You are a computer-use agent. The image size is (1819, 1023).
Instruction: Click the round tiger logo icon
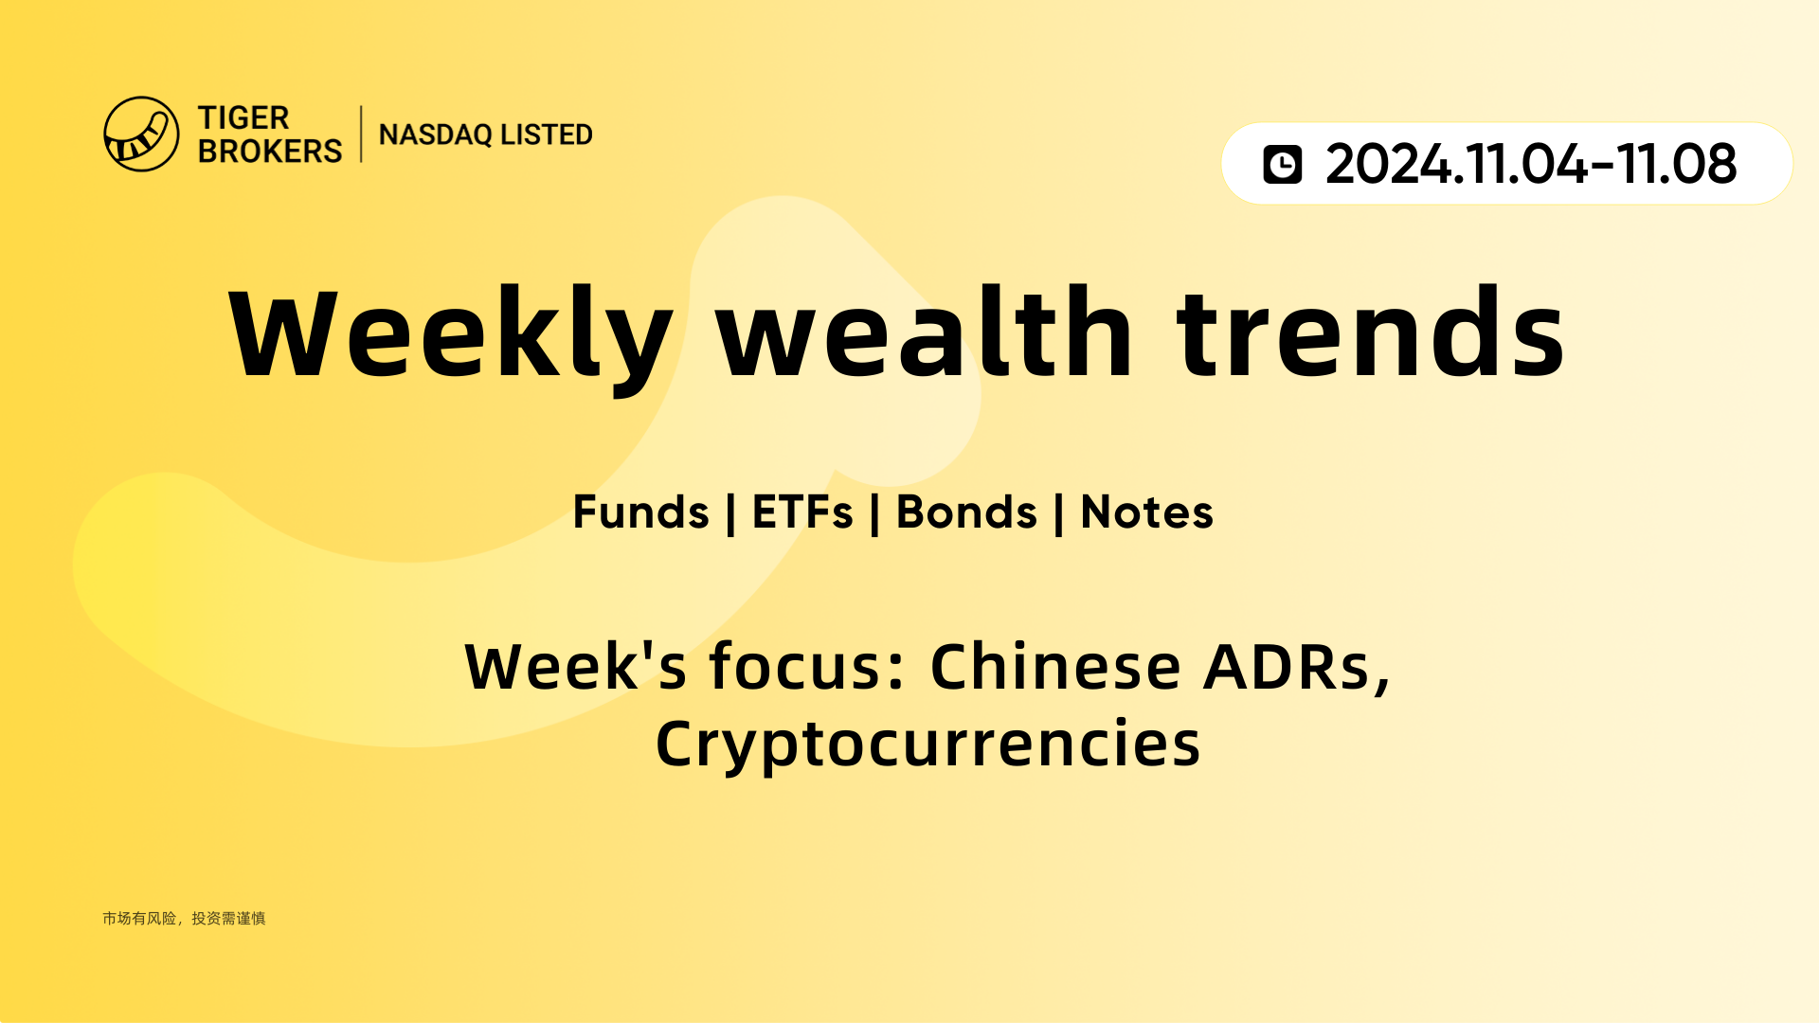[x=141, y=134]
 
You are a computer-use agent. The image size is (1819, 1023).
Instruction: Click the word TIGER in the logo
[x=243, y=118]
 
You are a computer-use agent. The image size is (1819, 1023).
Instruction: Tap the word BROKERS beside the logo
[x=270, y=151]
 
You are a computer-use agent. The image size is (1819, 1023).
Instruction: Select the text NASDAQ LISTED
[x=486, y=135]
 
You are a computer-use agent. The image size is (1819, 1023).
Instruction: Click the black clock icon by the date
[x=1283, y=164]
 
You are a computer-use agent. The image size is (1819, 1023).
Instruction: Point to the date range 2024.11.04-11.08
[x=1531, y=164]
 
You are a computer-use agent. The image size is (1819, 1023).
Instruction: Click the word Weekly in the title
[x=451, y=334]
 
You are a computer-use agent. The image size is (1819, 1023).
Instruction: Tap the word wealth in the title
[x=925, y=332]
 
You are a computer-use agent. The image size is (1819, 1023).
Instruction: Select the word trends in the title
[x=1371, y=332]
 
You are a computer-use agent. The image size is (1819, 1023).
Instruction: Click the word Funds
[x=641, y=512]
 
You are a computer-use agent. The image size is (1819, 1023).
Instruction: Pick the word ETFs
[x=802, y=512]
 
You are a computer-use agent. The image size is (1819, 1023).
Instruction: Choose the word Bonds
[x=966, y=512]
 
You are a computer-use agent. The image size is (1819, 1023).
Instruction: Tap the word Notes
[x=1147, y=512]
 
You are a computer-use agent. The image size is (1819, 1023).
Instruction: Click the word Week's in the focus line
[x=576, y=667]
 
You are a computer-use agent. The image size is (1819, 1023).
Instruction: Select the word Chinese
[x=1056, y=666]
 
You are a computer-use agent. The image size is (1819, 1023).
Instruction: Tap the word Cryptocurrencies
[x=928, y=745]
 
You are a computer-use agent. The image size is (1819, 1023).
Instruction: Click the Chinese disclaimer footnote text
[x=184, y=918]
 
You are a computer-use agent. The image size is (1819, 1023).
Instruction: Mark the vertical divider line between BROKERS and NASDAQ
[x=361, y=135]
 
